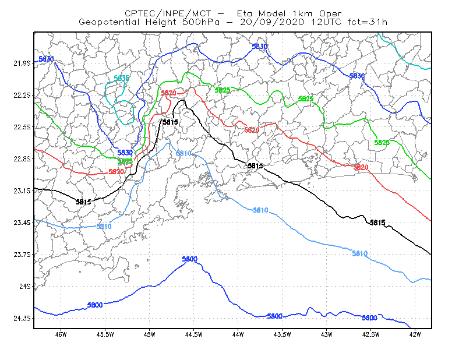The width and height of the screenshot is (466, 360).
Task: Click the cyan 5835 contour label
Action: [122, 79]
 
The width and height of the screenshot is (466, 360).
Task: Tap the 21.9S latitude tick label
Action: [22, 63]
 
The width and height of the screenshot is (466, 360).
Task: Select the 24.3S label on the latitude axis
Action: [22, 319]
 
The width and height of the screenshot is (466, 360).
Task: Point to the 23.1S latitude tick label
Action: [22, 191]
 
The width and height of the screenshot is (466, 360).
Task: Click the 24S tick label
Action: [24, 287]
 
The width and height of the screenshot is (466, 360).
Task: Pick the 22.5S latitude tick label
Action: [22, 127]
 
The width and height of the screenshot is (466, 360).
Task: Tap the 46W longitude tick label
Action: [61, 334]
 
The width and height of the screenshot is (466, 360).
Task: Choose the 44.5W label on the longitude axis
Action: [194, 334]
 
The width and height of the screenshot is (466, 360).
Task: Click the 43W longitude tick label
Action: [326, 334]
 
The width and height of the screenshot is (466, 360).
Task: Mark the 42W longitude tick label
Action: [415, 334]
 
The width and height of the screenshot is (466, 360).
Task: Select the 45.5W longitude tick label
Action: [105, 334]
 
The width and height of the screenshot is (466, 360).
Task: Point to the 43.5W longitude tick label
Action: [282, 334]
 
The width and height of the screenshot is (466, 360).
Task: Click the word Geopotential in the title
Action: [109, 22]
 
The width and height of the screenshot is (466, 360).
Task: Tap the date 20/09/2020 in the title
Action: [272, 22]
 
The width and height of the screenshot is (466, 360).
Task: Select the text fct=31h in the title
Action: [368, 22]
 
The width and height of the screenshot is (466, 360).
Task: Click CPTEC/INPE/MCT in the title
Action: [168, 13]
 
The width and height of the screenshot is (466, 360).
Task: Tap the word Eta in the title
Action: [245, 13]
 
